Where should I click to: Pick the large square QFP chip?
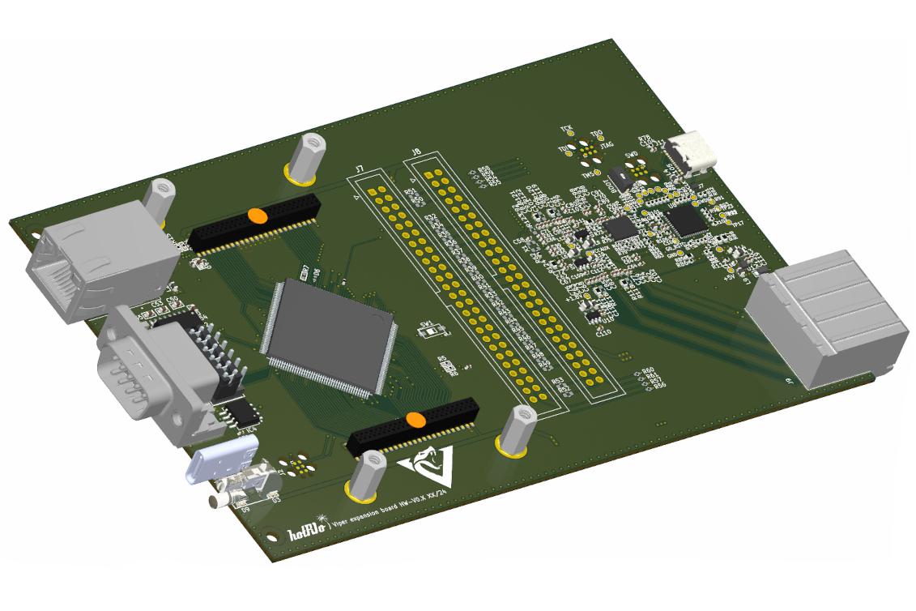coord(328,336)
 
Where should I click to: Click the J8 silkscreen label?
coord(416,152)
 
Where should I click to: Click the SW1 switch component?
coord(433,331)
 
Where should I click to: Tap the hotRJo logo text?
coord(308,532)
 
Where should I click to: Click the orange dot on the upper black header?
coord(257,215)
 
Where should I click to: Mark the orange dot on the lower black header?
coord(415,419)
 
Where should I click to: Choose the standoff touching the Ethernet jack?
coord(159,199)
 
